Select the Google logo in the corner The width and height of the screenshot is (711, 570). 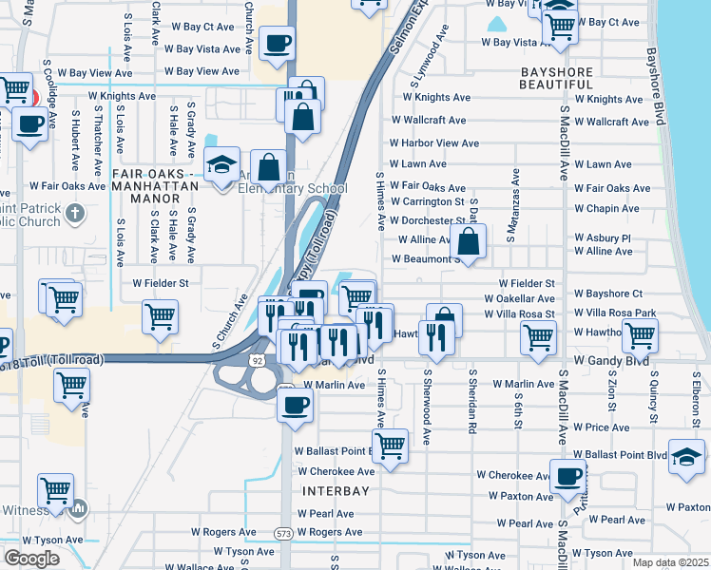pyautogui.click(x=31, y=559)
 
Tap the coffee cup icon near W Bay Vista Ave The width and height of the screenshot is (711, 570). pyautogui.click(x=277, y=43)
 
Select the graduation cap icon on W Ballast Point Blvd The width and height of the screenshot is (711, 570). pyautogui.click(x=686, y=457)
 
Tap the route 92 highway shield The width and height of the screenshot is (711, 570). pyautogui.click(x=258, y=361)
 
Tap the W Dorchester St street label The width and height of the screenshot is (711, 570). pyautogui.click(x=426, y=220)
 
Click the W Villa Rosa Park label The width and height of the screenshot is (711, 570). pyautogui.click(x=615, y=313)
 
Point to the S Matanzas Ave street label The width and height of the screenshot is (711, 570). pyautogui.click(x=514, y=204)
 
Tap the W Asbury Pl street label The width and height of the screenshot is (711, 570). pyautogui.click(x=603, y=237)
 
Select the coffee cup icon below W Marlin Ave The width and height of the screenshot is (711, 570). pyautogui.click(x=294, y=405)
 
